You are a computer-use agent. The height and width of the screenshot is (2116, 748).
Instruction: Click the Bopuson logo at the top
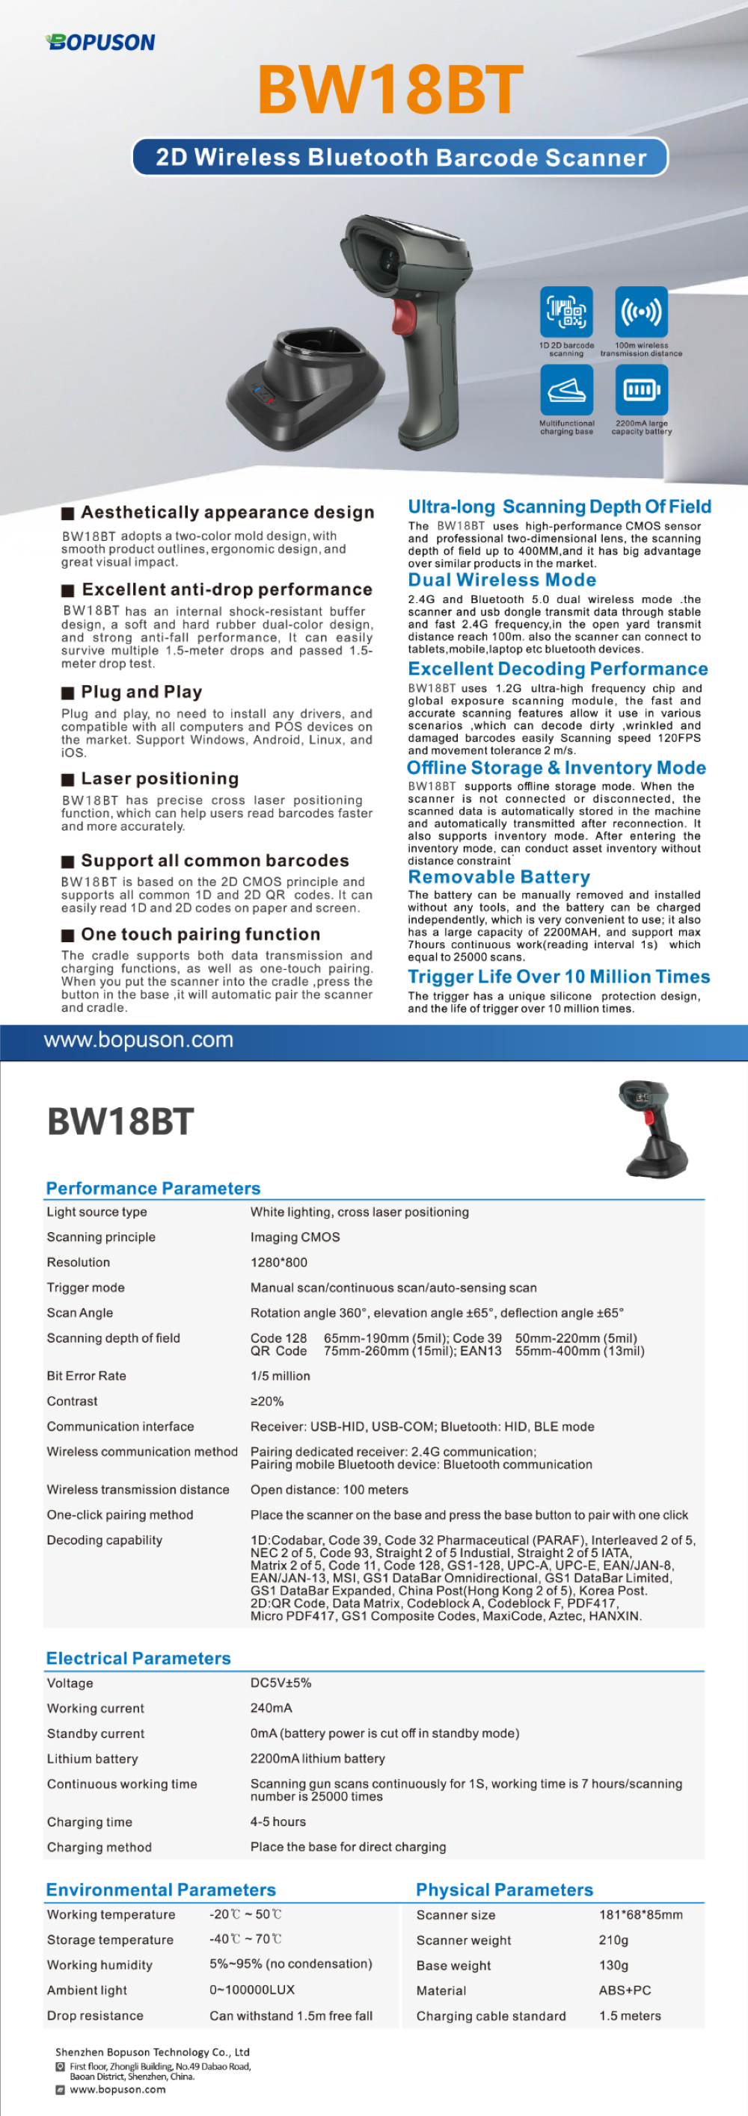click(x=100, y=42)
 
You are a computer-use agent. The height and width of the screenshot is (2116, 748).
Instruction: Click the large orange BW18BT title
click(x=390, y=90)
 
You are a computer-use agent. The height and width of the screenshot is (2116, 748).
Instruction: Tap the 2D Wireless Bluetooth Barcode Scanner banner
click(x=400, y=157)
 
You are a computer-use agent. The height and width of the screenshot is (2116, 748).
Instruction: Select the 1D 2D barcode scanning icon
click(x=566, y=312)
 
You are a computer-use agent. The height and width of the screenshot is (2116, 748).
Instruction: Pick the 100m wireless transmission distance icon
click(x=641, y=312)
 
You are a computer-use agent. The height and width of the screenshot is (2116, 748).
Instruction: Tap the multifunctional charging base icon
click(x=566, y=389)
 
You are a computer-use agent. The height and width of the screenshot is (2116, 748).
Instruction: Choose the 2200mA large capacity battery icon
click(x=641, y=389)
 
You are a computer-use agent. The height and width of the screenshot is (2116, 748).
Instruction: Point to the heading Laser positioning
click(x=159, y=778)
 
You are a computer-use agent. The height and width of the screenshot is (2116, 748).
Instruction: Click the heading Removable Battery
click(x=499, y=876)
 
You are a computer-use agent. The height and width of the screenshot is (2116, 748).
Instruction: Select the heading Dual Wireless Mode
click(x=502, y=579)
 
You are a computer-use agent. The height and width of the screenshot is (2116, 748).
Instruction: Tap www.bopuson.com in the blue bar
click(x=138, y=1040)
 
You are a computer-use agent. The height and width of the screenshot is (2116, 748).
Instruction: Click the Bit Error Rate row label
click(x=86, y=1375)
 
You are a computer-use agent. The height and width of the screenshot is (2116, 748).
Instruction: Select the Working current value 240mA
click(x=272, y=1708)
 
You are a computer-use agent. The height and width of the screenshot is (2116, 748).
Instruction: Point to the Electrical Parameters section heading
click(x=138, y=1658)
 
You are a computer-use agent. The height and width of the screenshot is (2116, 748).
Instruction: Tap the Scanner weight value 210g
click(x=613, y=1940)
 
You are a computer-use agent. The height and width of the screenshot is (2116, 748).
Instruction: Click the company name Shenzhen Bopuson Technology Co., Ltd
click(x=152, y=2051)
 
